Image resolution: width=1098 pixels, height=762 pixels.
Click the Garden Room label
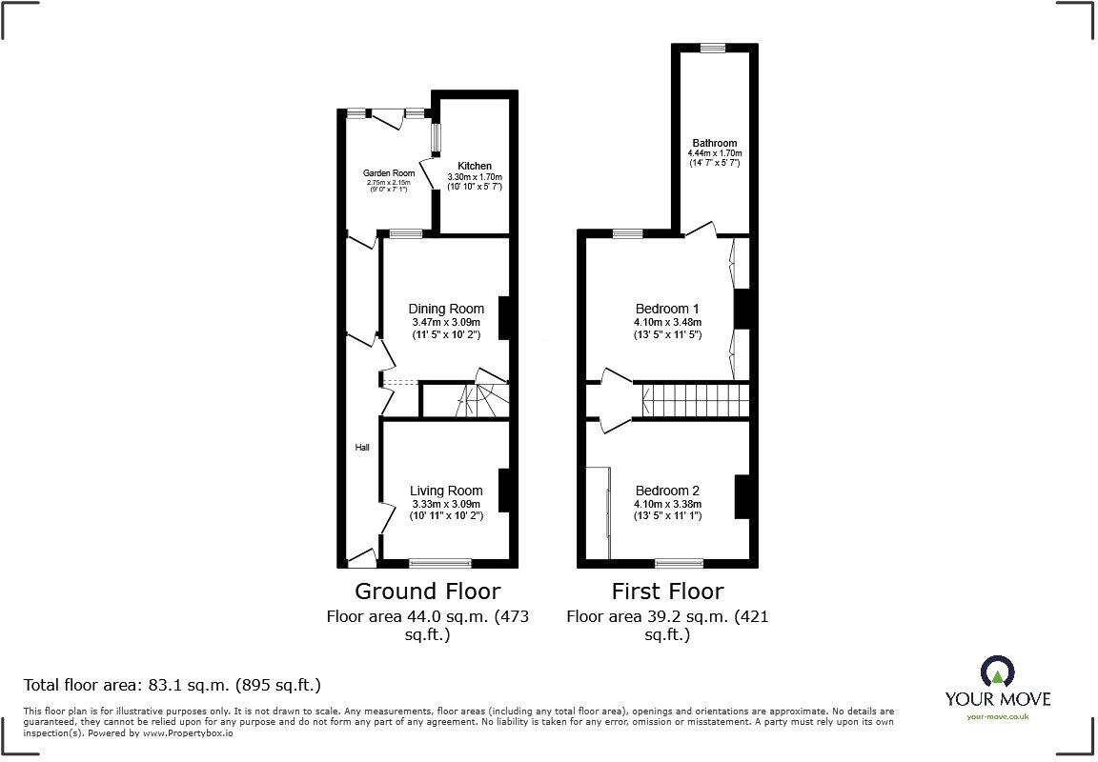tap(388, 172)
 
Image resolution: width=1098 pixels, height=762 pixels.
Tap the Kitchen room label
tap(474, 166)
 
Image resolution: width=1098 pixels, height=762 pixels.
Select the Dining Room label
tap(446, 309)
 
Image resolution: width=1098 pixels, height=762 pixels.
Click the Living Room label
tap(446, 491)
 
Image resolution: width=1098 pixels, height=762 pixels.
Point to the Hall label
tap(362, 447)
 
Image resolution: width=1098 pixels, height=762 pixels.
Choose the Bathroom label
tap(715, 143)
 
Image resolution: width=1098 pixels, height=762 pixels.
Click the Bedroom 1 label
tap(667, 309)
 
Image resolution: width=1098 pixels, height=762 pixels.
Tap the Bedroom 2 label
tap(667, 491)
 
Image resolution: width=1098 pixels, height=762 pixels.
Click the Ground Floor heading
tap(427, 592)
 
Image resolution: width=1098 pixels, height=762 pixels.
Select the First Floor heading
tap(667, 592)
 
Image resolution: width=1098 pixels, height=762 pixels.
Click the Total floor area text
tap(172, 684)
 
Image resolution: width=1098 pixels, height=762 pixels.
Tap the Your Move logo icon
tap(997, 671)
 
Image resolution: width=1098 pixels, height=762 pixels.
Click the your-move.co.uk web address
tap(997, 716)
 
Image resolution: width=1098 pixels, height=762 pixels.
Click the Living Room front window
tap(440, 562)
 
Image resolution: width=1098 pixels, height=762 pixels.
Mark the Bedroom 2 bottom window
tap(680, 562)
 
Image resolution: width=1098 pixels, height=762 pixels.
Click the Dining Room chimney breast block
tap(505, 318)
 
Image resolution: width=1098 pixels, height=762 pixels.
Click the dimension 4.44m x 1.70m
tap(715, 153)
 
